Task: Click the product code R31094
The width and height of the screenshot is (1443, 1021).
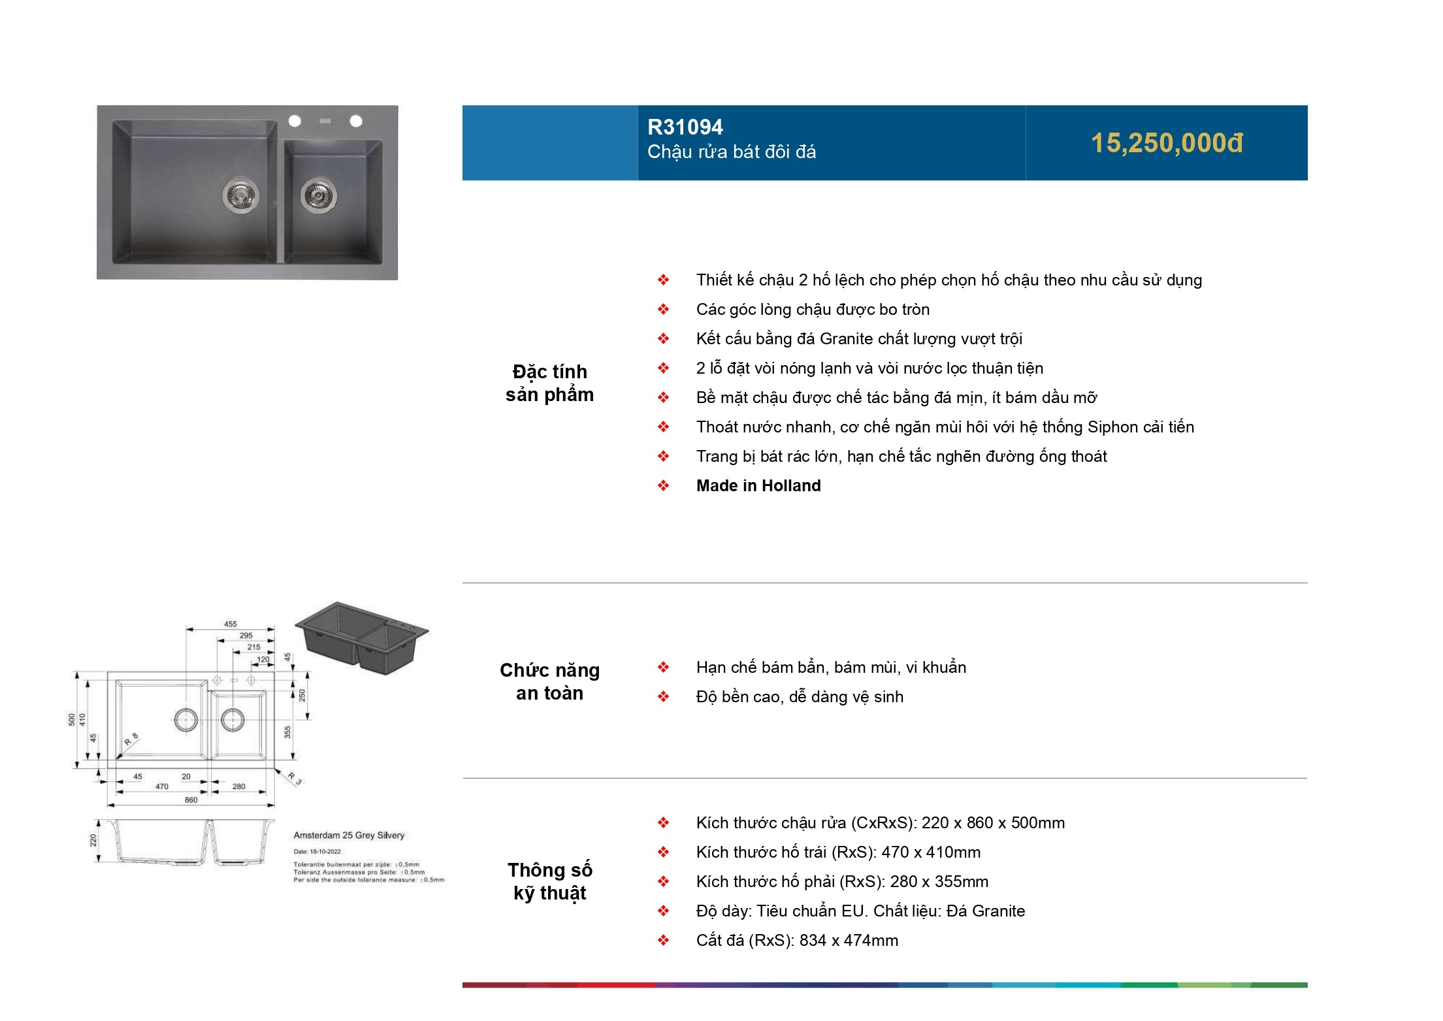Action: click(x=685, y=127)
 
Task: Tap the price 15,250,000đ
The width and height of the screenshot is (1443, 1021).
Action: click(x=1167, y=143)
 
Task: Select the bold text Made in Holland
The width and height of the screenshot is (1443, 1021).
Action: click(x=758, y=485)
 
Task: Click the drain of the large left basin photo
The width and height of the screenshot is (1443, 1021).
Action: click(x=240, y=195)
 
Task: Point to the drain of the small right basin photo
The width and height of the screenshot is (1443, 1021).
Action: click(x=318, y=194)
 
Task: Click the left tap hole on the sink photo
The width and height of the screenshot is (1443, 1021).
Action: click(x=295, y=121)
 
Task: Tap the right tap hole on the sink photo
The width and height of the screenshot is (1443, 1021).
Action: click(x=356, y=121)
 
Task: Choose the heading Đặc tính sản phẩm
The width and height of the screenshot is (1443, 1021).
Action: click(x=549, y=383)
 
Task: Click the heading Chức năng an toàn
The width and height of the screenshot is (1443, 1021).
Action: click(x=549, y=681)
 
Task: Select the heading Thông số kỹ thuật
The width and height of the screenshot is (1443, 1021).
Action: click(x=549, y=881)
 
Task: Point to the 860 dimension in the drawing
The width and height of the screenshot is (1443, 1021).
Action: click(x=191, y=800)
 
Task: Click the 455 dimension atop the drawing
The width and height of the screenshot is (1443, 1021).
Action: click(x=231, y=624)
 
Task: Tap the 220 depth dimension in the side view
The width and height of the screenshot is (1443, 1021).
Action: click(x=93, y=840)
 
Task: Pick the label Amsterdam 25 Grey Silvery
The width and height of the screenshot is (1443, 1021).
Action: click(x=349, y=835)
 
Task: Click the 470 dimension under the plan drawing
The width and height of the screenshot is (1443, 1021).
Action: click(x=162, y=786)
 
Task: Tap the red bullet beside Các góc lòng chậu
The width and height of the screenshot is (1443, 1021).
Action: click(x=663, y=309)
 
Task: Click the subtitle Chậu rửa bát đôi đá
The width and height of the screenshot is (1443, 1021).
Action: click(x=732, y=152)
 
